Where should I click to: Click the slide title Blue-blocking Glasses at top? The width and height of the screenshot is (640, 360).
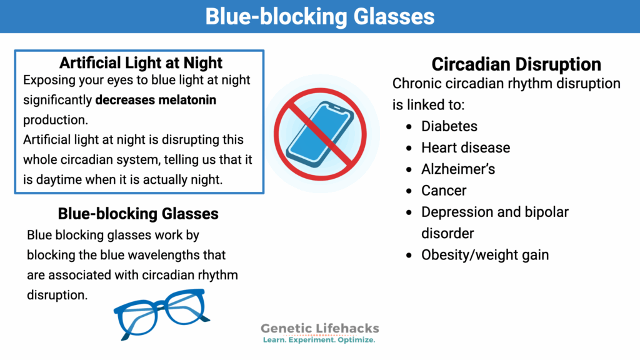click(319, 16)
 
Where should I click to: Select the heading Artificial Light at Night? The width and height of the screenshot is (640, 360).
click(141, 62)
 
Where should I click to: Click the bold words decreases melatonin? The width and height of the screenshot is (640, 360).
click(156, 100)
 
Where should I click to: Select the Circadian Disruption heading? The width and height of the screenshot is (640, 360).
click(516, 64)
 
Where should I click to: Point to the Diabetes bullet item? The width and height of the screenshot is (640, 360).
click(449, 126)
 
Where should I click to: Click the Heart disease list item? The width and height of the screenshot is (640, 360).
click(465, 147)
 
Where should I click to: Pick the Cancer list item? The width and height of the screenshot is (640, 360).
click(444, 191)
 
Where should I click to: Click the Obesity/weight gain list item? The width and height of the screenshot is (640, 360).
click(484, 254)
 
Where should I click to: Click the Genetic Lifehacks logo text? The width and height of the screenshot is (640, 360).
click(319, 328)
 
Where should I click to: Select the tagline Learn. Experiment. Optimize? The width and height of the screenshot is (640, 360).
click(319, 340)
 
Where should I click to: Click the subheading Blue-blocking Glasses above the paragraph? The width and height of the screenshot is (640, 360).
click(138, 214)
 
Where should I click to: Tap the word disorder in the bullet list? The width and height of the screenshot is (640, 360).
click(447, 233)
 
